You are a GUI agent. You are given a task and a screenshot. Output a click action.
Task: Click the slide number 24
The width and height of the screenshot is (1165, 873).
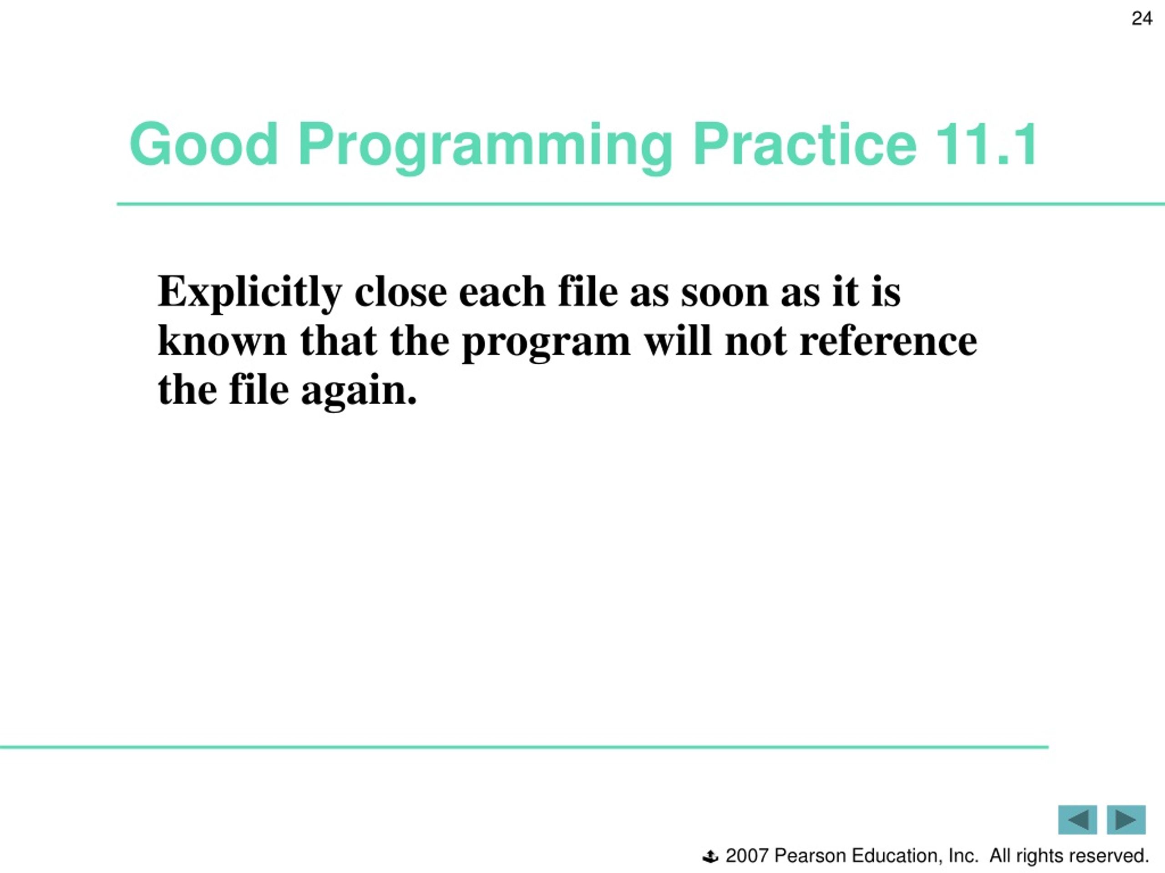pyautogui.click(x=1142, y=19)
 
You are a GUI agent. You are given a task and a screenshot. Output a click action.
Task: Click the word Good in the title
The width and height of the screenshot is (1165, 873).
pyautogui.click(x=203, y=144)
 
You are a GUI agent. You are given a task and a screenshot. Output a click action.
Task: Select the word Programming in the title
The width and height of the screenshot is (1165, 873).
pyautogui.click(x=485, y=147)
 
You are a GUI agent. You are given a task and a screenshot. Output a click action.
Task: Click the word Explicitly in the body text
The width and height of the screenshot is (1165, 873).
pyautogui.click(x=250, y=294)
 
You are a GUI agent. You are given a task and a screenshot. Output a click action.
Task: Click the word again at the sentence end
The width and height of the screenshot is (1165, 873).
pyautogui.click(x=359, y=394)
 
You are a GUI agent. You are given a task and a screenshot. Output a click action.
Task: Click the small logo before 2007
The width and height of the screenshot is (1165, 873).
pyautogui.click(x=710, y=857)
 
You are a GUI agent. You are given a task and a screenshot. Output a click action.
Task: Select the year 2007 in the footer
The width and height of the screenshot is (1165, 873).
pyautogui.click(x=747, y=856)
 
